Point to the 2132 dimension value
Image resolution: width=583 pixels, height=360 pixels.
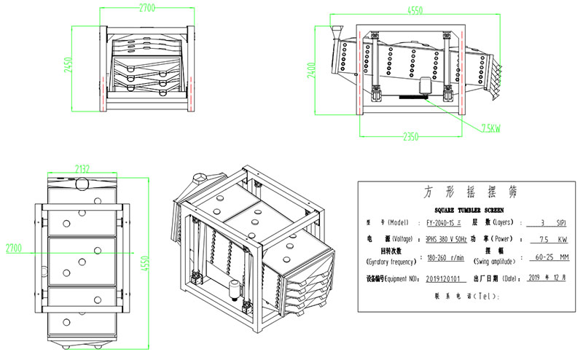82,168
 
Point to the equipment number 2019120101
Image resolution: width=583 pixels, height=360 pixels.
446,278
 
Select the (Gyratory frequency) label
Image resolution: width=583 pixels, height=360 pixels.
392,262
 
